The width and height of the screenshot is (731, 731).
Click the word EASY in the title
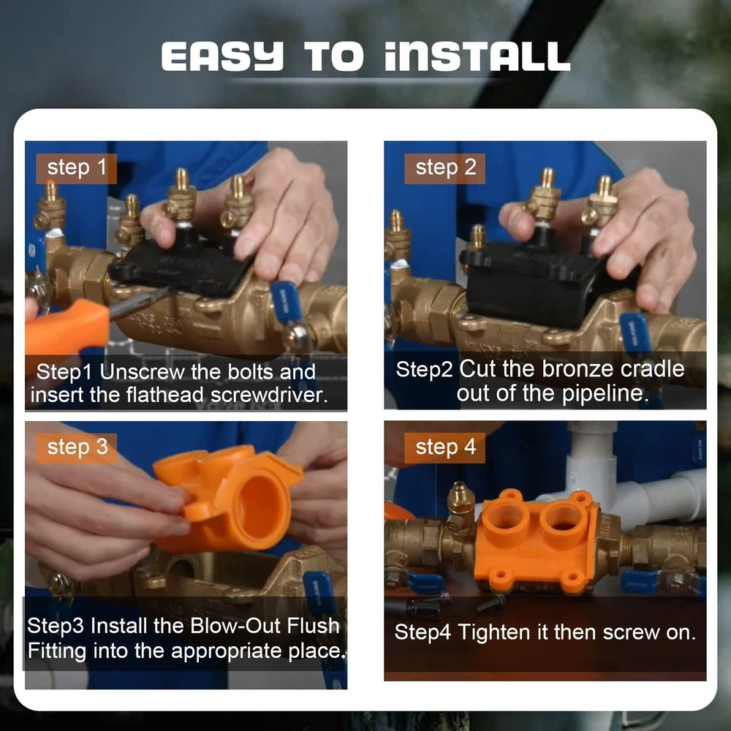222,56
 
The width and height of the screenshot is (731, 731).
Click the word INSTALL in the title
477,56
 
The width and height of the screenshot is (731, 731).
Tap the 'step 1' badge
77,168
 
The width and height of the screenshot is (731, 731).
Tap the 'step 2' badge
444,168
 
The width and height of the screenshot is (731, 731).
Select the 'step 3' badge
77,448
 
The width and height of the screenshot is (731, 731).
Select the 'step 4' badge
444,448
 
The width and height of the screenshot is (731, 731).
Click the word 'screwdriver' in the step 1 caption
269,395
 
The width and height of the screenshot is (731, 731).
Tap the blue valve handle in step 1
286,302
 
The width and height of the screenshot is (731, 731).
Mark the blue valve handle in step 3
319,592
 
